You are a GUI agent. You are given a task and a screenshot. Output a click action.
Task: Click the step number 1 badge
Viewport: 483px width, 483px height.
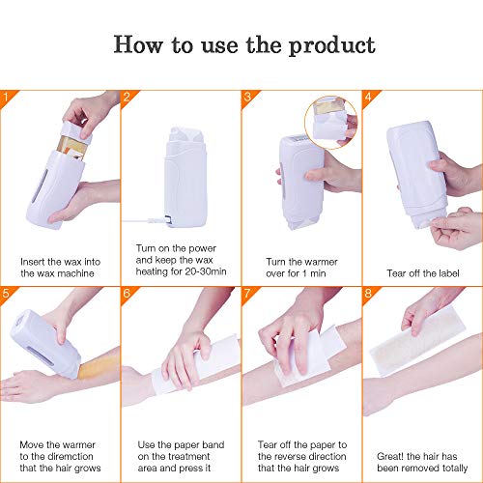[x=9, y=97]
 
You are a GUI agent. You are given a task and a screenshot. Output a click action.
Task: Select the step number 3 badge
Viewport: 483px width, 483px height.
[x=248, y=97]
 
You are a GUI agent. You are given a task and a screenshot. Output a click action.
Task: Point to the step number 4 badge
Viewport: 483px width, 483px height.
[x=368, y=97]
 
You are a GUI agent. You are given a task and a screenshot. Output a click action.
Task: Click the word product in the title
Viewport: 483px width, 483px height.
[x=329, y=44]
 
